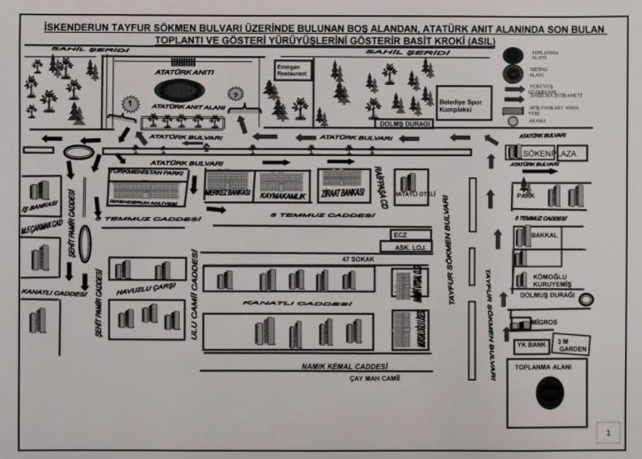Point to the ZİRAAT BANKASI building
[342, 191]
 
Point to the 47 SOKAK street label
[353, 259]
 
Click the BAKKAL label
[545, 237]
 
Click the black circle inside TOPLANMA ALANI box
[552, 393]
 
